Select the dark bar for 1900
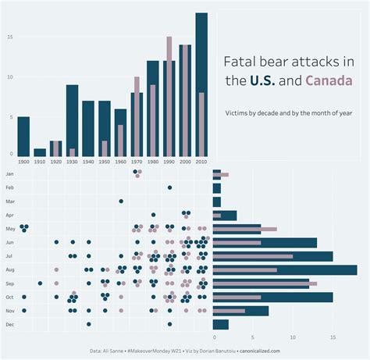pos(23,136)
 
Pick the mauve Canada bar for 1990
pos(169,94)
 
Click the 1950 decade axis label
pos(105,162)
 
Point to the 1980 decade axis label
pos(153,162)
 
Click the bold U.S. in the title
pos(262,81)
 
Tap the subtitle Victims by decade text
pos(288,113)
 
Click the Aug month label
pos(9,269)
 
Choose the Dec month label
pos(9,324)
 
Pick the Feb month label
pos(9,188)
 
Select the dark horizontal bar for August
pos(284,269)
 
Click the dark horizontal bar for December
pos(220,324)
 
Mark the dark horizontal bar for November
pos(240,311)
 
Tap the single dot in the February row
pos(169,187)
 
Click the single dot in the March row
pos(121,201)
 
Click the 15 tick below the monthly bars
pos(333,338)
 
